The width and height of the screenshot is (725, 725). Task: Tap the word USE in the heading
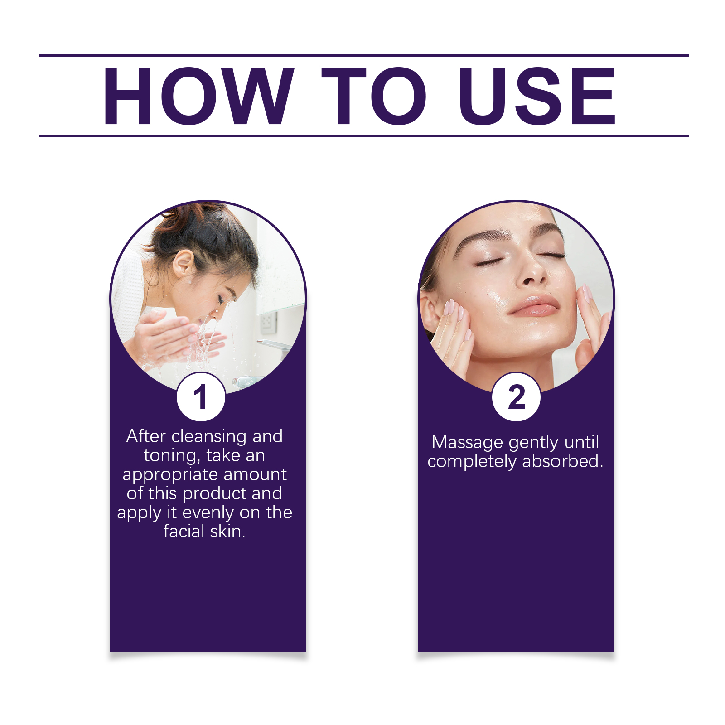tap(537, 96)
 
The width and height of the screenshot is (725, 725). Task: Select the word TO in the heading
tap(374, 96)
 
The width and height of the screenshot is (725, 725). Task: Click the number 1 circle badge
tap(201, 397)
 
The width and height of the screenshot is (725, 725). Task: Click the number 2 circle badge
tap(516, 397)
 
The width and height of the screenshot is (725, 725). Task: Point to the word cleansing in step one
tap(209, 436)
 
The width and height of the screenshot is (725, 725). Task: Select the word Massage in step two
tap(467, 442)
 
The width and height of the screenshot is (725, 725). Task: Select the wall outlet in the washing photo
tap(267, 321)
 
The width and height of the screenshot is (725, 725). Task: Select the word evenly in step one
tap(208, 512)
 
